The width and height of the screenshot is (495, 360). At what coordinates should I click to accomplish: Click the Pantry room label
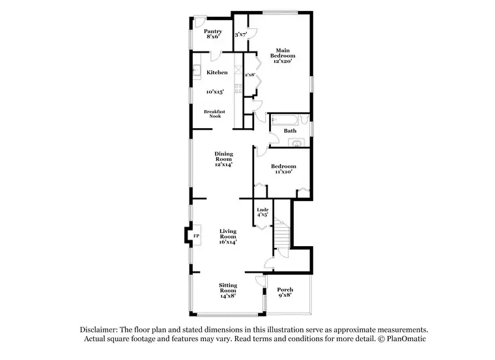(x=213, y=31)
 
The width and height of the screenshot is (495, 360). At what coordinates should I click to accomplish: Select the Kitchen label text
(x=218, y=72)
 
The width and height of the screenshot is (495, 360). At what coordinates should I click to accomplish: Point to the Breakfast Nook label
(x=214, y=115)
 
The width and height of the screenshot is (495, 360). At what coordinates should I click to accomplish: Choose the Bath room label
(x=290, y=131)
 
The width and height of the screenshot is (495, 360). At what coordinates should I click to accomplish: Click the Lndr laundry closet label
(x=262, y=210)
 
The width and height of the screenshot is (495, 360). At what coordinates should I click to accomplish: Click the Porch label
(x=285, y=289)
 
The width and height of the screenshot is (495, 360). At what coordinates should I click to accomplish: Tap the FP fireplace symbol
(x=196, y=235)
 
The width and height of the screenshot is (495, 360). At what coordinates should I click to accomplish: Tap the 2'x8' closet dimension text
(x=249, y=75)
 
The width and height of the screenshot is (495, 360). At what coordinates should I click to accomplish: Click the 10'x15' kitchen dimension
(x=218, y=92)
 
